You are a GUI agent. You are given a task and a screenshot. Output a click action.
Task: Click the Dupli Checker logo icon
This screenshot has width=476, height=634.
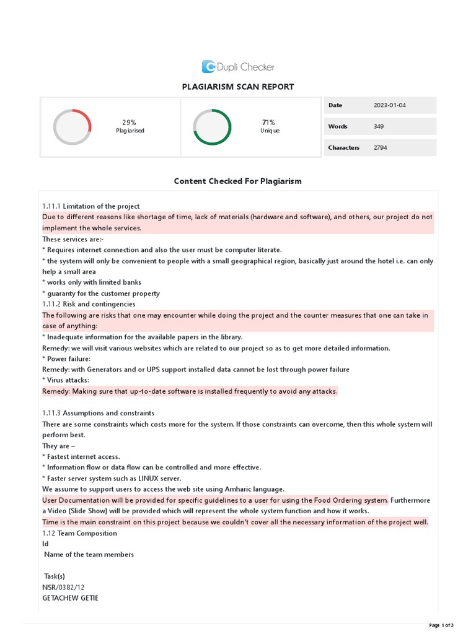pos(209,67)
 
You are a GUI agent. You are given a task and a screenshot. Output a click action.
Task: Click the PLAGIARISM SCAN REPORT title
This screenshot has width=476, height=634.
pos(238,87)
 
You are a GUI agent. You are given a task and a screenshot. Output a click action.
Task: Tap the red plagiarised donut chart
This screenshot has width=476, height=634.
pos(73,127)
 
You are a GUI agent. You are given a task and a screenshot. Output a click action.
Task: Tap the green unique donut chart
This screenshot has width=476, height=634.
pos(212,127)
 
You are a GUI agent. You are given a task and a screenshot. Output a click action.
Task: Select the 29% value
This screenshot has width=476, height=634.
pos(129,123)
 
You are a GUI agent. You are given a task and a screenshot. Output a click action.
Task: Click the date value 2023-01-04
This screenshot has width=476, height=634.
pos(390,105)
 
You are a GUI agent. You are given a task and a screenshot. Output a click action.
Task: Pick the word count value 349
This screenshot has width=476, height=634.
pos(379,126)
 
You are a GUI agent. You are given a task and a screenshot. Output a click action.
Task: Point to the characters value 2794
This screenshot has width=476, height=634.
pos(381,147)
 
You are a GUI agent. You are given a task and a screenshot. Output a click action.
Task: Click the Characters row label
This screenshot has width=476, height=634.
pos(343,147)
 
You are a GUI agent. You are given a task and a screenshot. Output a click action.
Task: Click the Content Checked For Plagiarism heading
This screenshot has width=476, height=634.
pos(238,181)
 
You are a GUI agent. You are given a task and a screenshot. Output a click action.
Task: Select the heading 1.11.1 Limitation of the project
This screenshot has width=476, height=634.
pos(91,206)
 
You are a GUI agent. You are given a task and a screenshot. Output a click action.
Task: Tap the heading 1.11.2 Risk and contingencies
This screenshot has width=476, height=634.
pos(89,304)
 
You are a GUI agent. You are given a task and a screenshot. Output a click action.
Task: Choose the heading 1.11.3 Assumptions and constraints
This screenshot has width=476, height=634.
pos(98,413)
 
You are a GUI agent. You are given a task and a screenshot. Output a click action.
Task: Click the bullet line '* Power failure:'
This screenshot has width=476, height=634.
pos(66,358)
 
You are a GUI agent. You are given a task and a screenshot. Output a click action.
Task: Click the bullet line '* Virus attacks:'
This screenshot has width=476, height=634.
pos(66,380)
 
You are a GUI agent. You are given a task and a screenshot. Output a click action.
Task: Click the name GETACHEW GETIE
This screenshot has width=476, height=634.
pos(70,598)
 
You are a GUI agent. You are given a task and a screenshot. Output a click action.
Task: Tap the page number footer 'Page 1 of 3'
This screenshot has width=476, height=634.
pos(441,625)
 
